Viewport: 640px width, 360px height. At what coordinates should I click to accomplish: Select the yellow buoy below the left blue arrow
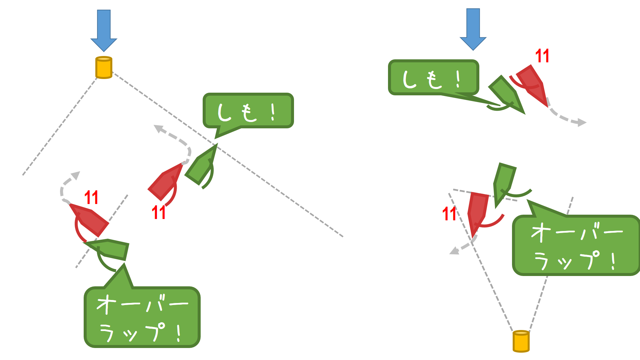click(x=104, y=68)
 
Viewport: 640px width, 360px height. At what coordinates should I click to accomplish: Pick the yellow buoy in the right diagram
click(x=521, y=341)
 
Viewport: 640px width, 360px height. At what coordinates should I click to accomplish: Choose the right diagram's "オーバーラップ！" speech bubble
click(x=576, y=245)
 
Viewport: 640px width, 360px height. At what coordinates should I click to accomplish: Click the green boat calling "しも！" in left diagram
click(x=201, y=166)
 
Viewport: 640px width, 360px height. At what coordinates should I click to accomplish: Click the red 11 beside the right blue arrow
click(x=542, y=56)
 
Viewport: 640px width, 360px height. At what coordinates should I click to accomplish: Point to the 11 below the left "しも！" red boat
click(x=159, y=212)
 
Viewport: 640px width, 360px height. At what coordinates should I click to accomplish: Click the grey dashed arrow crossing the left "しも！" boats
click(x=177, y=140)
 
